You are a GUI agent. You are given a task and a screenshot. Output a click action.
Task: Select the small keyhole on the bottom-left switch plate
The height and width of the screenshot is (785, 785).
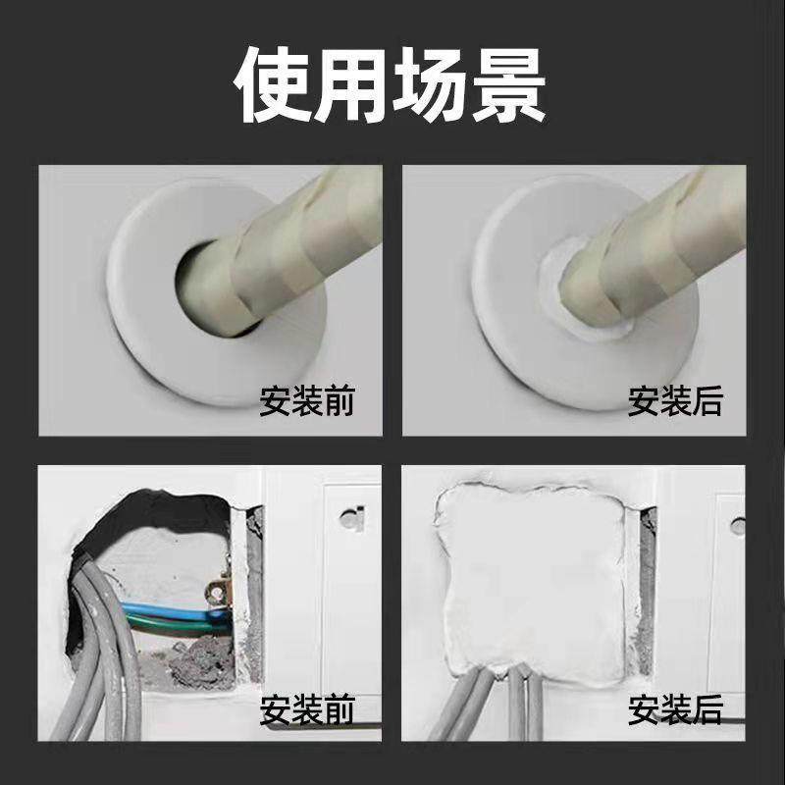pyautogui.click(x=352, y=517)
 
